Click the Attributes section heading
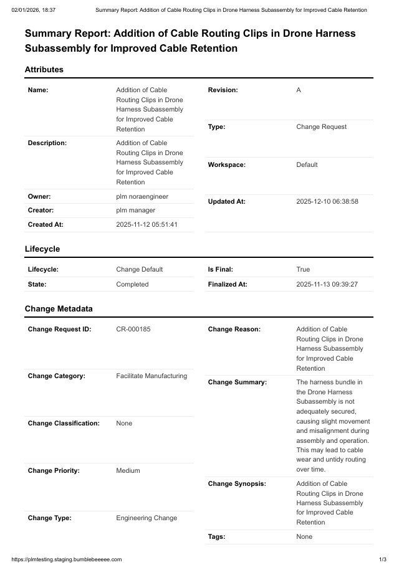pos(44,70)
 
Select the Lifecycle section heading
pos(42,249)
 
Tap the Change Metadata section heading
pos(59,308)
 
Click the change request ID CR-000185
pos(133,330)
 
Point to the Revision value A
pos(299,90)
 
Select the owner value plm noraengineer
pos(142,197)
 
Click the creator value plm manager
pos(136,211)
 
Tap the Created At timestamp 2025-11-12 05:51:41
pos(147,224)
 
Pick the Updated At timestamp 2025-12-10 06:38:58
pos(327,202)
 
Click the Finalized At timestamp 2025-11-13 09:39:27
pos(327,284)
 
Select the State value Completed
pos(132,284)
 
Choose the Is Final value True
pos(303,270)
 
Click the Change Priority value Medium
pos(128,471)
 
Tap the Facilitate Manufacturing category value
pos(151,376)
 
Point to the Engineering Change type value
pos(147,518)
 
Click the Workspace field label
pos(227,165)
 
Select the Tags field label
pos(216,536)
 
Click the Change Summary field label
pos(237,382)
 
